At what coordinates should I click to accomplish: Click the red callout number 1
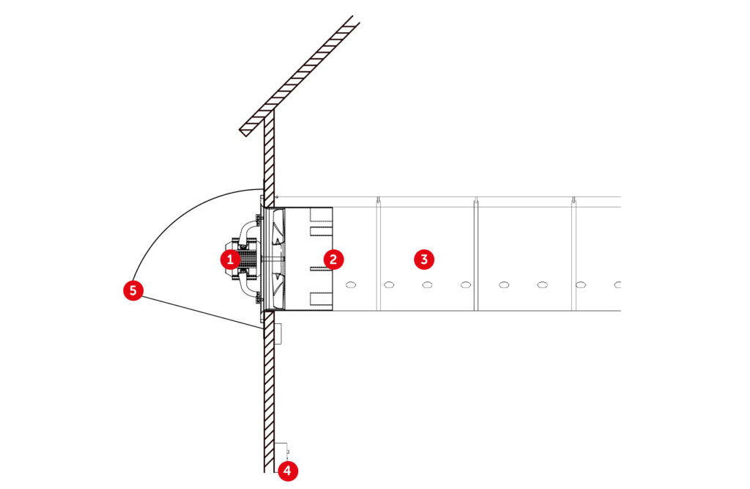coord(230,260)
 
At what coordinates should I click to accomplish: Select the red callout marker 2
coord(333,260)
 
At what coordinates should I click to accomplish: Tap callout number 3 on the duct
coord(424,260)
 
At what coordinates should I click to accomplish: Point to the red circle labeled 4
coord(287,471)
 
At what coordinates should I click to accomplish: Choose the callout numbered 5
coord(133,290)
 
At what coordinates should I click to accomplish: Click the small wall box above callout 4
coord(281,452)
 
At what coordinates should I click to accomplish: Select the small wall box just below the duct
coord(278,334)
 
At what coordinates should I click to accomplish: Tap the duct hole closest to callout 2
coord(351,285)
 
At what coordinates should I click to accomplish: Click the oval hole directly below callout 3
coord(427,285)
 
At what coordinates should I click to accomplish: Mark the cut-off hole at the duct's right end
coord(617,285)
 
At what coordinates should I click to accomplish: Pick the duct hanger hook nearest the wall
coord(378,199)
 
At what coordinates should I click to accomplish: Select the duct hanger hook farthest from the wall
coord(574,199)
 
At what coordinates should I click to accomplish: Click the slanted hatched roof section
coord(300,76)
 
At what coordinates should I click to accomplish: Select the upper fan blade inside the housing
coord(276,232)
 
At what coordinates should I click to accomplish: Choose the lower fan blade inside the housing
coord(276,287)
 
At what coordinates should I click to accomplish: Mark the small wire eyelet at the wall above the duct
coord(276,196)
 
